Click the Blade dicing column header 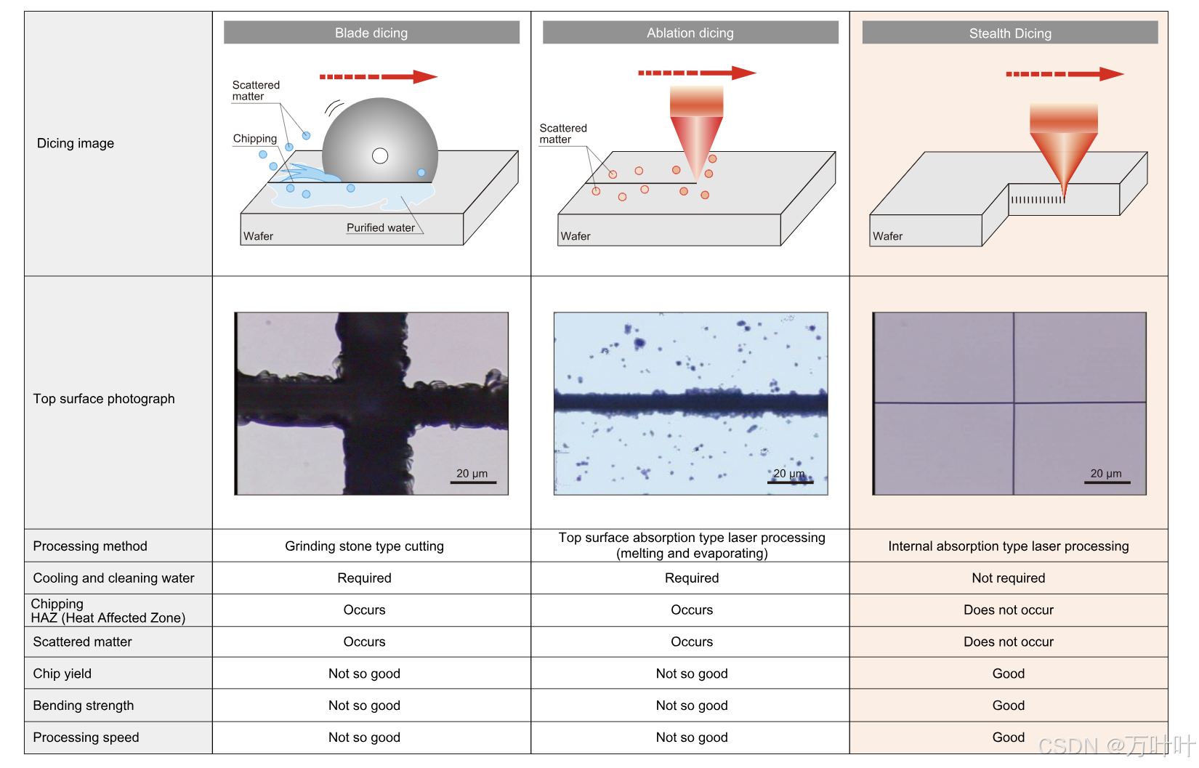click(x=371, y=33)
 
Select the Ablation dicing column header click(x=690, y=33)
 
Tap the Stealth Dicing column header click(x=1010, y=33)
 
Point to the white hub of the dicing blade click(x=380, y=155)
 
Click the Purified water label click(x=381, y=227)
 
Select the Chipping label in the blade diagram click(x=255, y=138)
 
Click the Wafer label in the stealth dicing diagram click(x=887, y=236)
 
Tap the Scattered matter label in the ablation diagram click(x=562, y=134)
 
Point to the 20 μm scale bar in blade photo click(x=473, y=482)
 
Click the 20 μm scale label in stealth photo click(x=1106, y=473)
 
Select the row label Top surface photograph click(x=104, y=398)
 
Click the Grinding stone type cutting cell click(x=364, y=546)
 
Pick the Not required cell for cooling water click(x=1009, y=578)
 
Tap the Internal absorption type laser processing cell click(x=1009, y=546)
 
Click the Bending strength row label click(x=84, y=705)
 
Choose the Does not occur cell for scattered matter click(x=1009, y=642)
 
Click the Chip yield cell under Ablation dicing click(x=692, y=674)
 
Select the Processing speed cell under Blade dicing click(x=364, y=737)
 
